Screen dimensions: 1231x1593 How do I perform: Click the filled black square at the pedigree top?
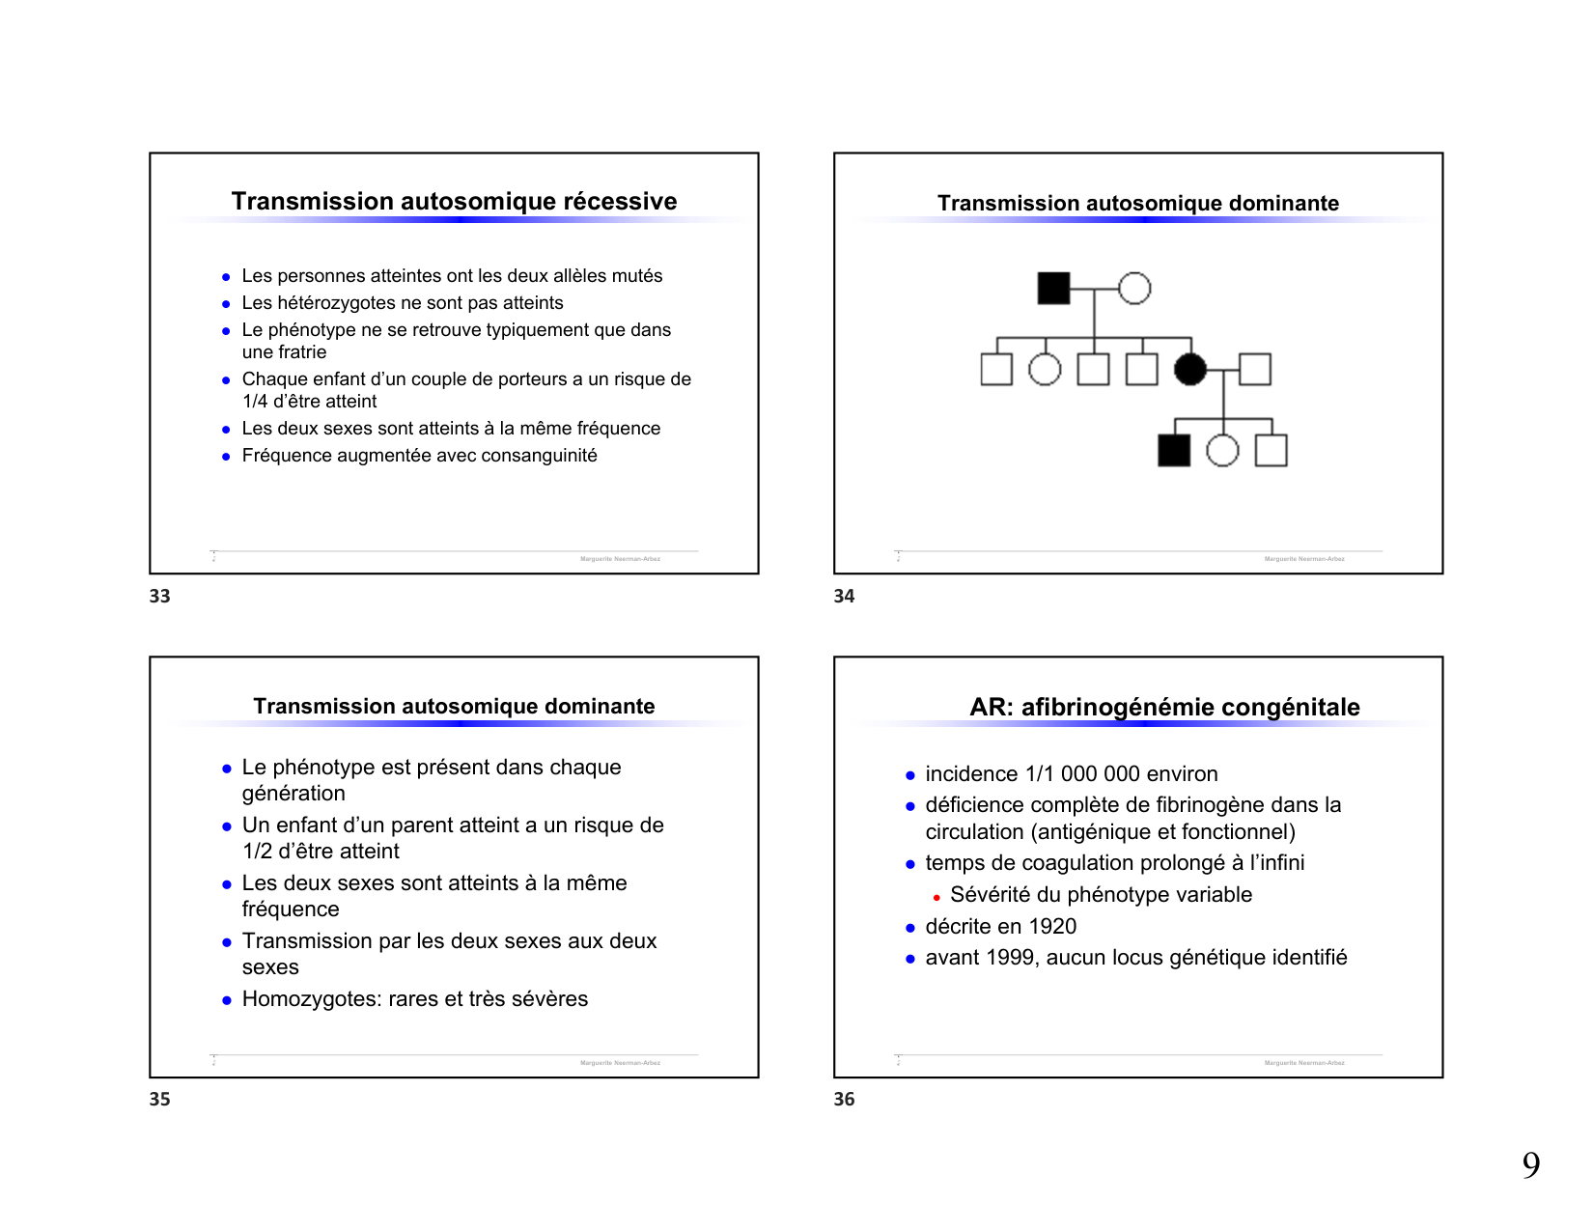(1053, 288)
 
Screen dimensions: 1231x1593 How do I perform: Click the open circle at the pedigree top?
(1134, 288)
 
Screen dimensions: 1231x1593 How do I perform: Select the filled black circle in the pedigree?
(1190, 369)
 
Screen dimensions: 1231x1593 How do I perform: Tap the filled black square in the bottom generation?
(1174, 450)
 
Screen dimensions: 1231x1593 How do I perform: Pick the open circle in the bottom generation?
(1223, 450)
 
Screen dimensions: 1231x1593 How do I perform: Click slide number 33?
(160, 597)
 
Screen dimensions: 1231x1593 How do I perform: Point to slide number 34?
(844, 597)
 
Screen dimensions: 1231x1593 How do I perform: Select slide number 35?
(160, 1100)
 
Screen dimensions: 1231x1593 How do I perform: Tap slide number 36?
(844, 1100)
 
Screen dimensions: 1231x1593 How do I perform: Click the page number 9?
(1531, 1165)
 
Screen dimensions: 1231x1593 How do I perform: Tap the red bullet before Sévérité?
(936, 898)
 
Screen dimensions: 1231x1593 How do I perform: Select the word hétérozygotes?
(338, 303)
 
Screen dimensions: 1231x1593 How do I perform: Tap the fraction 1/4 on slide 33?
(255, 402)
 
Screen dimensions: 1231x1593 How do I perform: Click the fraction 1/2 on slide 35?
(258, 852)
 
